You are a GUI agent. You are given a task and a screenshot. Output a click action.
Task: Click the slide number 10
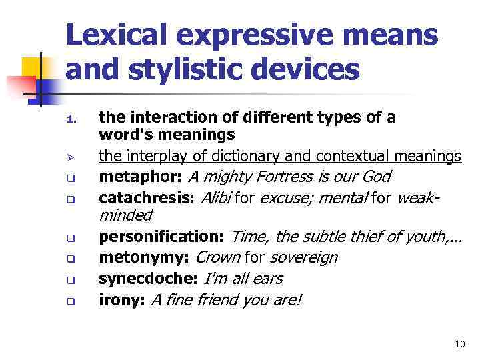coord(459,344)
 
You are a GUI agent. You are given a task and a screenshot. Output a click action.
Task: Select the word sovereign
coord(304,257)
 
